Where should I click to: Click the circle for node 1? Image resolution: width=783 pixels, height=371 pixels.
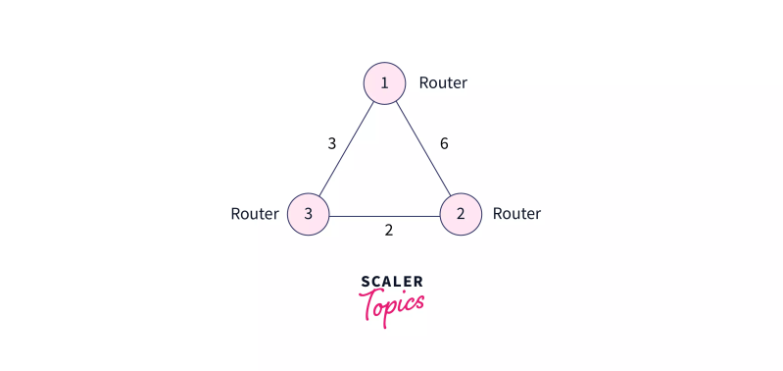[x=384, y=83]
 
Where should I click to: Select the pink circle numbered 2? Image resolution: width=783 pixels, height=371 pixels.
[x=461, y=214]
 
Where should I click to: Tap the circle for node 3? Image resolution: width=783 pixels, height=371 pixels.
[x=308, y=214]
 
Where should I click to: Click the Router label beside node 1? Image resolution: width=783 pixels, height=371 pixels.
[x=443, y=83]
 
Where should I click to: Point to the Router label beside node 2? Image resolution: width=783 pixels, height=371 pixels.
[x=516, y=214]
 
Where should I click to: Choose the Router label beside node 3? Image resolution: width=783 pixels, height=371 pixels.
[x=254, y=214]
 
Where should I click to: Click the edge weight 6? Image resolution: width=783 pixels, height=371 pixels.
[x=444, y=143]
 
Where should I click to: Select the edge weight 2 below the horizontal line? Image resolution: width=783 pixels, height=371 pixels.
[x=388, y=232]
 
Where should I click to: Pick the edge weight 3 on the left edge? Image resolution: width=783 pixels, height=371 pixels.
[x=332, y=143]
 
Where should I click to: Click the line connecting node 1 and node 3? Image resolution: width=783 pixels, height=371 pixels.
[x=346, y=149]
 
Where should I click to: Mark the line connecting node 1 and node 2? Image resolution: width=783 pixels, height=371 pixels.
[x=422, y=149]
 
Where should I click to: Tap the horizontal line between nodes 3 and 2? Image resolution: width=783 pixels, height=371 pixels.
[x=384, y=215]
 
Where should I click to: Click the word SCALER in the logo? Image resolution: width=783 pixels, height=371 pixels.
[x=392, y=282]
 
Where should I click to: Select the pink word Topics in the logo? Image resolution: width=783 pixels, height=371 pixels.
[x=393, y=306]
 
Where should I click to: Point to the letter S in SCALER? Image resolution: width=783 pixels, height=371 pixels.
[x=365, y=282]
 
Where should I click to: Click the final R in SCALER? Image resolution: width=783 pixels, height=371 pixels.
[x=418, y=282]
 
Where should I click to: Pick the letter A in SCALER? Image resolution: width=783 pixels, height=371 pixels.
[x=386, y=282]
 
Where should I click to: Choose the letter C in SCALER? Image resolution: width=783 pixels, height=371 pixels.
[x=375, y=282]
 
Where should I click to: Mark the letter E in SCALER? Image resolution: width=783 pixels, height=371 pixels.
[x=408, y=282]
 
